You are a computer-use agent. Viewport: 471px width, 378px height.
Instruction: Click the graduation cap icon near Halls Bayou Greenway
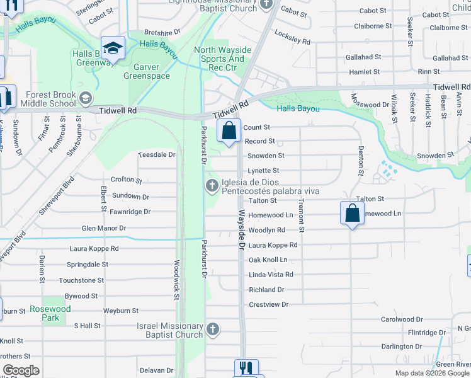(113, 47)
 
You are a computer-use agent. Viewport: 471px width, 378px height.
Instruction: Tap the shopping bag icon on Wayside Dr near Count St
(229, 130)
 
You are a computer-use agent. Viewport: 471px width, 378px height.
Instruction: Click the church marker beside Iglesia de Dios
(212, 185)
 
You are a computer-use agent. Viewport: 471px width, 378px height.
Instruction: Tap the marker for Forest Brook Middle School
(86, 99)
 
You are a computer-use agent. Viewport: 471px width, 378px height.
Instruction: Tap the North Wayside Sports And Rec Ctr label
(223, 59)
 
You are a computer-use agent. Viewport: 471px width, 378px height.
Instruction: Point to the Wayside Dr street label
(241, 230)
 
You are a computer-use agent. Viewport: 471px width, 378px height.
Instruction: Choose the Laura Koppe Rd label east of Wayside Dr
(273, 245)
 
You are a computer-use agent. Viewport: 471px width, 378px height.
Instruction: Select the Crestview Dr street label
(268, 304)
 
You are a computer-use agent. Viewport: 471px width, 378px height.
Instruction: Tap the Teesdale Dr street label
(156, 154)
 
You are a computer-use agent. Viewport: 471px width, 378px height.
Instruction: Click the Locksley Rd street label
(293, 41)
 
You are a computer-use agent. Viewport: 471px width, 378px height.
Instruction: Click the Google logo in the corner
(21, 370)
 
